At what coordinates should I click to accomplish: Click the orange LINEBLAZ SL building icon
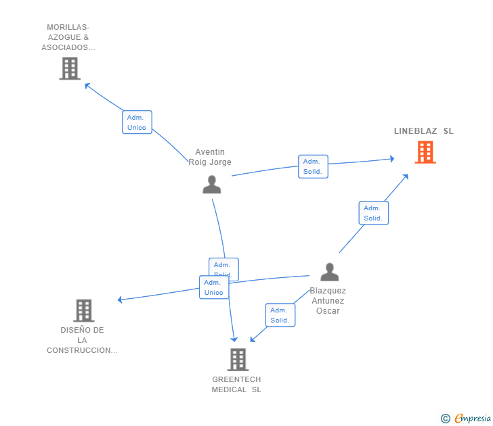[x=425, y=152]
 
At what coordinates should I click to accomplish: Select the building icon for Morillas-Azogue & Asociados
[x=70, y=68]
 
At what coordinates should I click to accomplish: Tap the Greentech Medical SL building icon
[x=237, y=360]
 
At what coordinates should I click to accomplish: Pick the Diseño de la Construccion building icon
[x=83, y=310]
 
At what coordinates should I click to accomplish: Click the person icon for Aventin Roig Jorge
[x=212, y=184]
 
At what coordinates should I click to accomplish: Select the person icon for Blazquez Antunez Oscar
[x=329, y=272]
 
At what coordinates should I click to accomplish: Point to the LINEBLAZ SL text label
[x=424, y=131]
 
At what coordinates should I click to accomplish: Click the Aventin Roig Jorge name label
[x=210, y=157]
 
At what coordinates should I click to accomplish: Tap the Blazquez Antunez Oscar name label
[x=328, y=301]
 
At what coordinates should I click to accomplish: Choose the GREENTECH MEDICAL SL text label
[x=236, y=385]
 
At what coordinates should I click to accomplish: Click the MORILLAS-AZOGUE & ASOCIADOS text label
[x=68, y=38]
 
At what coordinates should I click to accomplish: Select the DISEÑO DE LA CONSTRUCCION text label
[x=82, y=340]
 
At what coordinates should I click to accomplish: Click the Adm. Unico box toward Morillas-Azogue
[x=137, y=122]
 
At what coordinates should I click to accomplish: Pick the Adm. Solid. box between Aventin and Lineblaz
[x=313, y=166]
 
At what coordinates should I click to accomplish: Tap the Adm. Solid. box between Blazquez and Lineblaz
[x=373, y=213]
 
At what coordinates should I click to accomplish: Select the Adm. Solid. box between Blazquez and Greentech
[x=280, y=315]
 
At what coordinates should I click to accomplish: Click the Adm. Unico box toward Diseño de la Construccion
[x=214, y=287]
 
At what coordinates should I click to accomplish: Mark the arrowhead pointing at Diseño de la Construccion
[x=121, y=300]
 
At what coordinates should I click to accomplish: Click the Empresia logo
[x=467, y=419]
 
